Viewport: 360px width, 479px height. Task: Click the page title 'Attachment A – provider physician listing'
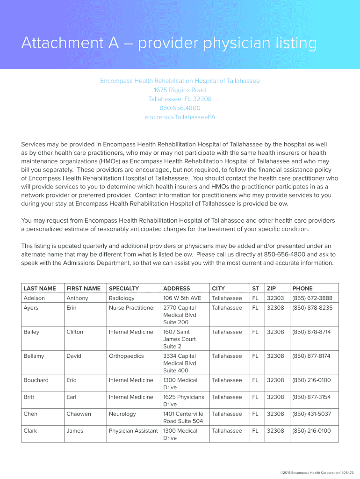169,44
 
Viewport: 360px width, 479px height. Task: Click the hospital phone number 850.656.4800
180,108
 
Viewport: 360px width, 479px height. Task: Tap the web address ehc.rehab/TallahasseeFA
180,117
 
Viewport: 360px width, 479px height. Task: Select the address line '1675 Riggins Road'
180,90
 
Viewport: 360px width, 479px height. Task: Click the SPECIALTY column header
123,289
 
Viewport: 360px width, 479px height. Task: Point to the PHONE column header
302,289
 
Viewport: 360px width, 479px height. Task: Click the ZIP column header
271,289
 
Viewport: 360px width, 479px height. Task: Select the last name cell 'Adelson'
34,298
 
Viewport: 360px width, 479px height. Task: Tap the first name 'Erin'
72,308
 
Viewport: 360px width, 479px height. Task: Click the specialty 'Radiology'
122,298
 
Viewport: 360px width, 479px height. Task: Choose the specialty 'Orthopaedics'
126,356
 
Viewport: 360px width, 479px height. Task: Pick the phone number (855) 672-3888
312,298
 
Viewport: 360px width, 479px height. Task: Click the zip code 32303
275,298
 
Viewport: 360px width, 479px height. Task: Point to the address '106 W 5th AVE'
182,298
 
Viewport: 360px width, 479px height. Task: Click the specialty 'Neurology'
122,414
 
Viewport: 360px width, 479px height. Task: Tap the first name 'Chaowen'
79,414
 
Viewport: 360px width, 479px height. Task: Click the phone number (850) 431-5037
311,414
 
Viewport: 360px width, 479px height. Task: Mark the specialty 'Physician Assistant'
133,431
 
